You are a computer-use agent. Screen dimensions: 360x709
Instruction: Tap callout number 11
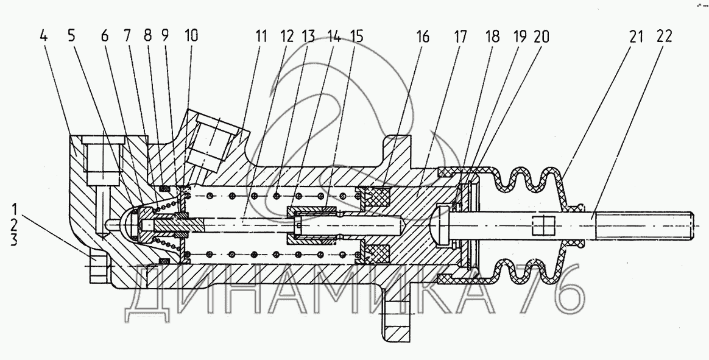[x=261, y=36]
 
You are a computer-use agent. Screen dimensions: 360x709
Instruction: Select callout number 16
[x=422, y=36]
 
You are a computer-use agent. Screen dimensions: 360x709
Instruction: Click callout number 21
[x=636, y=36]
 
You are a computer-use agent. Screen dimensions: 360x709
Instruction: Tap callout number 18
[x=492, y=36]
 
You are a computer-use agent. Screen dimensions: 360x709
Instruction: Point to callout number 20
[x=540, y=36]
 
